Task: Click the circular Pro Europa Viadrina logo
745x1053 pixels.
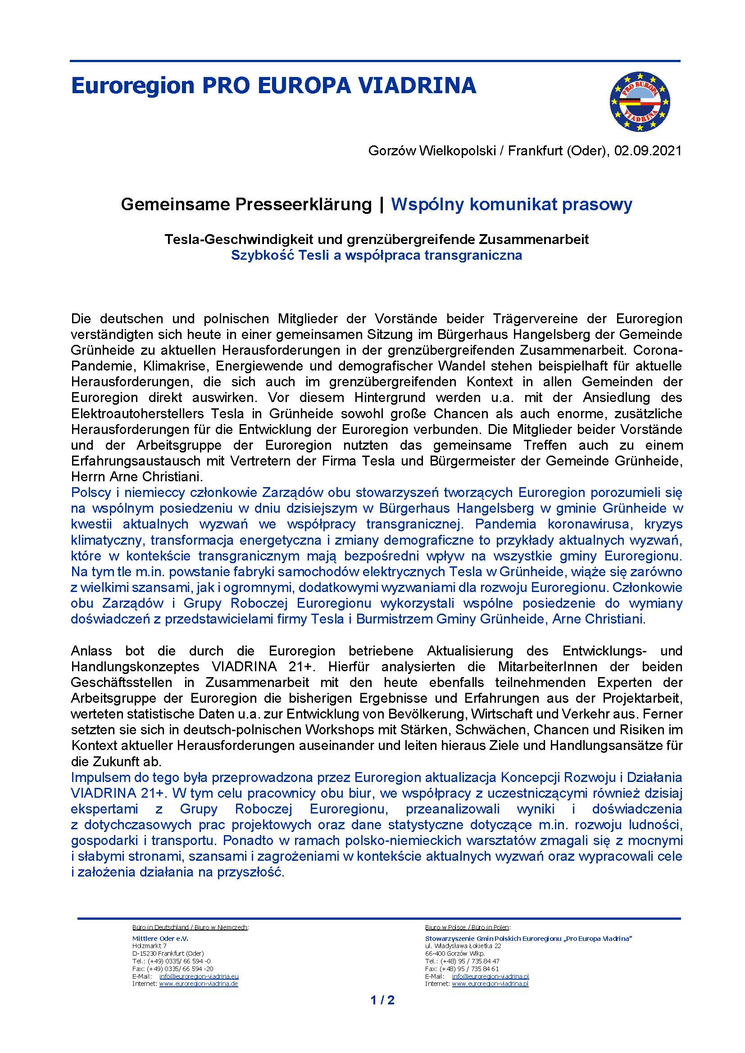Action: coord(640,102)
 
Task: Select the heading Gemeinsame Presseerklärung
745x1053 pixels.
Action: coord(246,204)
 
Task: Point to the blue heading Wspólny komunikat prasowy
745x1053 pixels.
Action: coord(511,204)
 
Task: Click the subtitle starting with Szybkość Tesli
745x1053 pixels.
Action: coord(376,255)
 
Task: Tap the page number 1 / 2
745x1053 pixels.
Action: coord(382,1009)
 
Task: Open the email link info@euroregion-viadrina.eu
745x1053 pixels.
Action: coord(199,976)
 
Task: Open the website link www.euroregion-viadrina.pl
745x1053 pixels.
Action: coord(490,983)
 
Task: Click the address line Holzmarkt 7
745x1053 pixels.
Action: coord(149,946)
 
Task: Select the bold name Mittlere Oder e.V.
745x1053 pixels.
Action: coord(160,938)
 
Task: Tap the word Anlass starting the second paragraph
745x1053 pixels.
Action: coord(91,651)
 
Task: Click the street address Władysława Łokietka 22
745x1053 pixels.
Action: coord(465,946)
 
